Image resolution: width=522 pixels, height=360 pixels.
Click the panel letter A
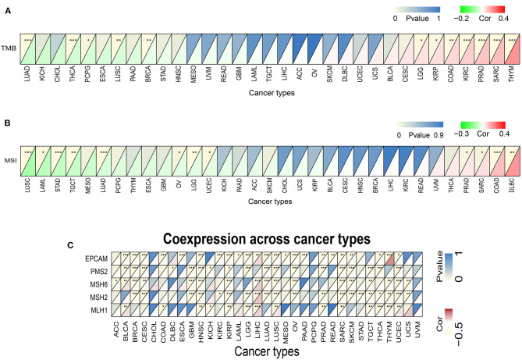[x=5, y=6]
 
